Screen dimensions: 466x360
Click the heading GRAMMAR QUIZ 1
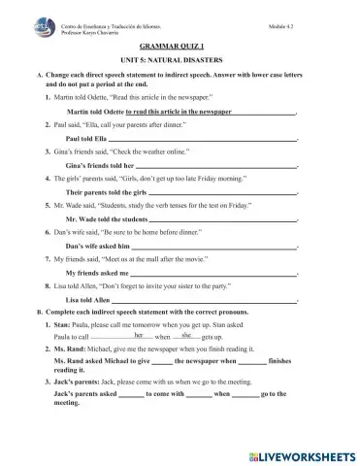180,46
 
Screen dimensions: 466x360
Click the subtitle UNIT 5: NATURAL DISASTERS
180,60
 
